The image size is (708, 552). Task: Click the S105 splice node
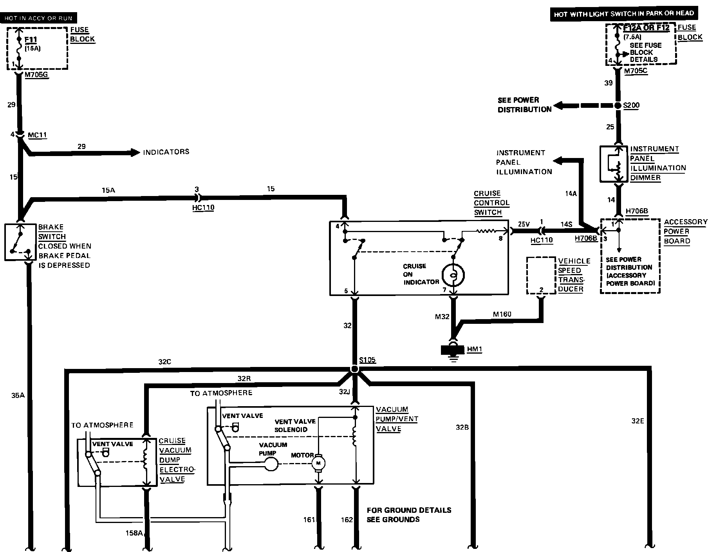tap(354, 369)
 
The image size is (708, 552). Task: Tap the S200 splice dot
tap(618, 105)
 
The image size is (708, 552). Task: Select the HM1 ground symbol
tap(453, 350)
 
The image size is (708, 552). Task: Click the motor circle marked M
tap(318, 464)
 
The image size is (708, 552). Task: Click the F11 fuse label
tap(31, 40)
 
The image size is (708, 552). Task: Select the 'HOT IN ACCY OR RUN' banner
tap(38, 18)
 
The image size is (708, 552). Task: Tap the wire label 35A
tap(18, 395)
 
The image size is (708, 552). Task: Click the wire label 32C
tap(165, 362)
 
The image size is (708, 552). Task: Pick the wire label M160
tap(502, 314)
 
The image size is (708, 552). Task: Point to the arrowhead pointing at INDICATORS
tap(135, 152)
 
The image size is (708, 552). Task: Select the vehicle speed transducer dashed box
tap(541, 275)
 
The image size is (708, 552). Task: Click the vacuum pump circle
tap(271, 464)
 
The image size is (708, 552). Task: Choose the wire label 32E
tap(638, 421)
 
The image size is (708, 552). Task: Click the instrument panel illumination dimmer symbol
tap(614, 164)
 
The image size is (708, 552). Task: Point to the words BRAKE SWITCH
tap(52, 232)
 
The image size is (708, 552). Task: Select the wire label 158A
tap(134, 533)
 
